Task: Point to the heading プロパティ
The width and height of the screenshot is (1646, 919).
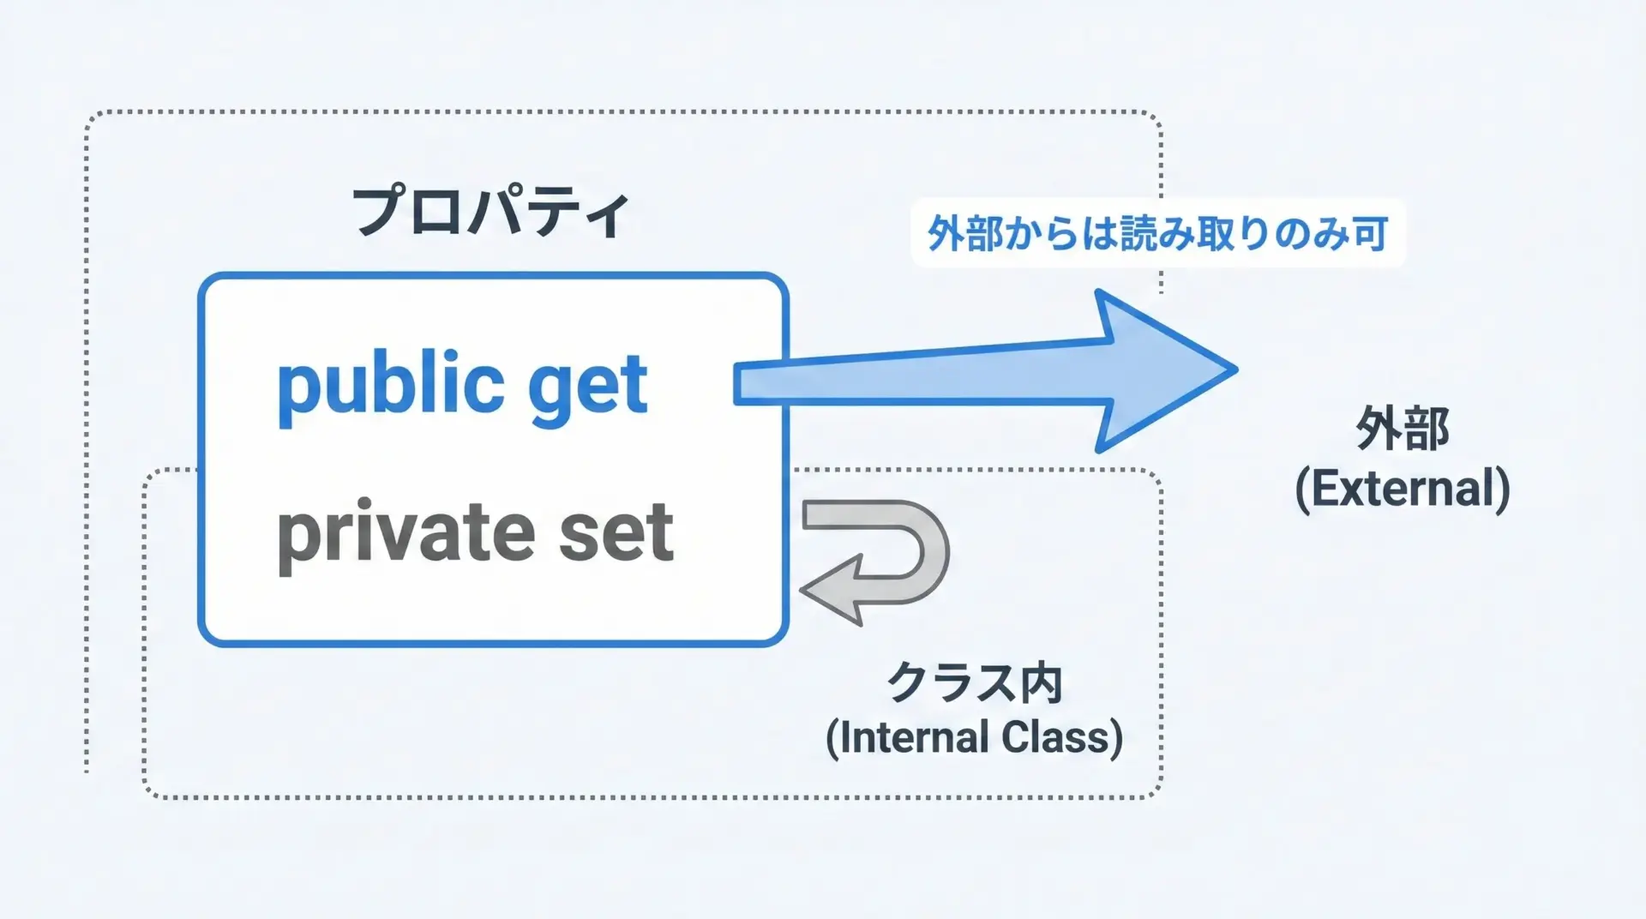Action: click(491, 212)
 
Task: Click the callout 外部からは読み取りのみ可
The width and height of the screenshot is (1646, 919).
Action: click(1157, 233)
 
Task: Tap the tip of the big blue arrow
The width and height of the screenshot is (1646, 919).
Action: click(1236, 370)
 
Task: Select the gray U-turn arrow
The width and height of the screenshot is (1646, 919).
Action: click(874, 562)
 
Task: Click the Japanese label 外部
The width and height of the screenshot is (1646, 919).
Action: click(1403, 429)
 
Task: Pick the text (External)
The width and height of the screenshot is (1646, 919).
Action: click(1403, 489)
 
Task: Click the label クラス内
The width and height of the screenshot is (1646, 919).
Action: click(975, 683)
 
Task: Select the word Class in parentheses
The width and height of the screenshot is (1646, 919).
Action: click(1062, 737)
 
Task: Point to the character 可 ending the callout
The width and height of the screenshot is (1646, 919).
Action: click(1368, 233)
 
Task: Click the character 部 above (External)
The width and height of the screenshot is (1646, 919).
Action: click(1427, 429)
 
